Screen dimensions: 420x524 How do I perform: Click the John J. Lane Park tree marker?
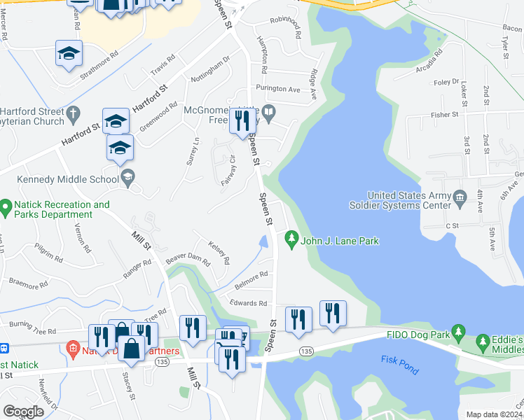click(x=291, y=240)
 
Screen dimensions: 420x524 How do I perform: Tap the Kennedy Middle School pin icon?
click(x=127, y=178)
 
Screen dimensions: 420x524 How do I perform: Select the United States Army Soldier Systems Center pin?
click(x=460, y=195)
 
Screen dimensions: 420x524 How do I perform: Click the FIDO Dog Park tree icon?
click(x=458, y=331)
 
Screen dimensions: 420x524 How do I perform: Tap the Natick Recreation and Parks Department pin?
click(x=6, y=207)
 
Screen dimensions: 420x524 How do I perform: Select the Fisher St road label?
click(x=445, y=114)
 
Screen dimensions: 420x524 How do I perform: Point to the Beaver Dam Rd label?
click(x=188, y=260)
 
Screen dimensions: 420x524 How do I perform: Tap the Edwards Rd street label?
click(x=248, y=303)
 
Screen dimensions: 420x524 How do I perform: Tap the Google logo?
click(x=24, y=411)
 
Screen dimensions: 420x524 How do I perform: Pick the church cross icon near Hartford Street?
click(x=71, y=113)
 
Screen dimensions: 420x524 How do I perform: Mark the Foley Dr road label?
click(x=446, y=82)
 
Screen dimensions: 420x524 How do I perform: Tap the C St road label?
click(x=451, y=225)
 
